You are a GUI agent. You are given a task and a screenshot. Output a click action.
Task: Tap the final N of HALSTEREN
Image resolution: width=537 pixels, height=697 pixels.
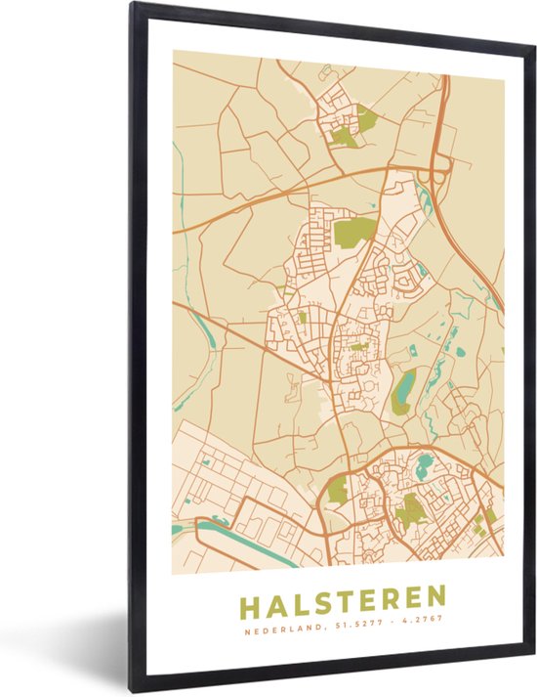click(436, 596)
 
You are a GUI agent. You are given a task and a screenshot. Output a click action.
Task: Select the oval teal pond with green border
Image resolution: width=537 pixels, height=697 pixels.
click(403, 390)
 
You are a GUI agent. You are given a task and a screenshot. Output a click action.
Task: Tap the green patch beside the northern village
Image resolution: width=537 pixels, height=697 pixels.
click(366, 118)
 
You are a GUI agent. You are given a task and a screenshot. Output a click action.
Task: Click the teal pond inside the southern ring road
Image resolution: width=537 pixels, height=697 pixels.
click(425, 465)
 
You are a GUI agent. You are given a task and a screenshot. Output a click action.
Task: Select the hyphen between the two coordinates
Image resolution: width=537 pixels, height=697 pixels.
click(388, 620)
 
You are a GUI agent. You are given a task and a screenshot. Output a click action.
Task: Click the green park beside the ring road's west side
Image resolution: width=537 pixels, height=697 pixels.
click(339, 490)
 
